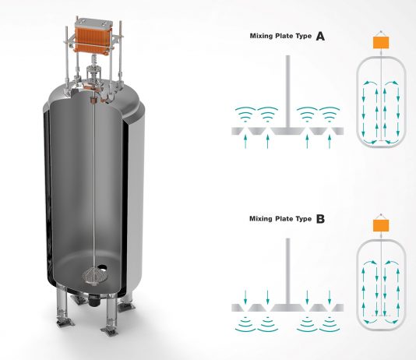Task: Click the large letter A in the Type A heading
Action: (x=320, y=36)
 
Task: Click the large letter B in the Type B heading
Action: (x=320, y=219)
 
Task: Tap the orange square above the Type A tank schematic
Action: (x=381, y=43)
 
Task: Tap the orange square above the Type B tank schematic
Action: (x=381, y=226)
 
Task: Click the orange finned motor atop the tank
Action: (x=93, y=39)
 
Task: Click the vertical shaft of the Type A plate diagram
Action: (x=287, y=91)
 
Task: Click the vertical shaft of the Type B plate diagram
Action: (x=287, y=271)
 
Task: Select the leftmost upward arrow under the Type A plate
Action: (x=245, y=141)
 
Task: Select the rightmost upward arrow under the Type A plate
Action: (x=330, y=141)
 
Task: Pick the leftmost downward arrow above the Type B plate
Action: (x=245, y=297)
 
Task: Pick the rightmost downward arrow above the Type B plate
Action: (x=330, y=297)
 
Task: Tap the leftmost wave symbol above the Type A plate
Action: (x=245, y=114)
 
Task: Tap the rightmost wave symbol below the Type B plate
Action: (x=330, y=324)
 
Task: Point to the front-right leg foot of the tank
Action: (x=110, y=330)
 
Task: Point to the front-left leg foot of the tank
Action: (x=65, y=323)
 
